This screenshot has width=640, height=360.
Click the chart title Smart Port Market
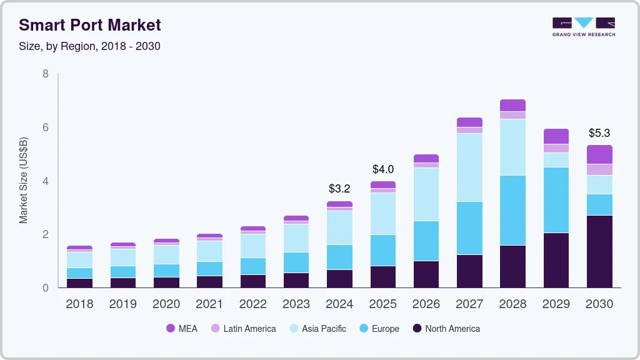point(90,25)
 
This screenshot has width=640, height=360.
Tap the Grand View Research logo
point(584,26)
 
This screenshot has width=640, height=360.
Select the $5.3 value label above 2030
point(599,133)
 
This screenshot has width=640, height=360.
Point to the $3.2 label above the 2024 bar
point(339,188)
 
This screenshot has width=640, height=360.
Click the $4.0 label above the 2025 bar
point(382,169)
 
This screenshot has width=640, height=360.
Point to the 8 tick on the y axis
point(45,74)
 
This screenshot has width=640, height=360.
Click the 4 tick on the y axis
point(45,181)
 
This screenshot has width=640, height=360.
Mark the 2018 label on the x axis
point(79,304)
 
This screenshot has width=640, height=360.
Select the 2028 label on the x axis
point(512,304)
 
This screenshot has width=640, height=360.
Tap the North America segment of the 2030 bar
point(599,251)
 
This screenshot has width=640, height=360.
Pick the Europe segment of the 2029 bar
point(556,200)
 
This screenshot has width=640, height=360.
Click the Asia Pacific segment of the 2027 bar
point(469,167)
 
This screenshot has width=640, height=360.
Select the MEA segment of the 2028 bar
point(512,105)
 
